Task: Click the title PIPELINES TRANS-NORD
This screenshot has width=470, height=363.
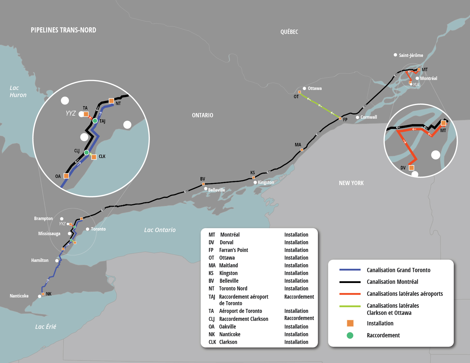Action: coord(63,30)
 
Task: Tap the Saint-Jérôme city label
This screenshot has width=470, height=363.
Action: coord(410,55)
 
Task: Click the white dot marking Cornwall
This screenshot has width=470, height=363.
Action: coord(357,117)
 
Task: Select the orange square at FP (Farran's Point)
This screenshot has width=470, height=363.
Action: coord(340,118)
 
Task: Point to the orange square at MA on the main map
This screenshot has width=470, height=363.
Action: coord(302,150)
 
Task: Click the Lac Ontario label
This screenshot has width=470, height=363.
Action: coord(160,230)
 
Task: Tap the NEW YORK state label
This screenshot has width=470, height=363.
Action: coord(351,183)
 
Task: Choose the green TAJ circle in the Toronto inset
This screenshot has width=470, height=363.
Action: coord(95,121)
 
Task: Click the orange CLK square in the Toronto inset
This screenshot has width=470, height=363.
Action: coord(94,157)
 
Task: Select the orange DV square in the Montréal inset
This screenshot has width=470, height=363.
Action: coord(411,168)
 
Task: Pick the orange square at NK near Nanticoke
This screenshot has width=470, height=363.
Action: coord(43,294)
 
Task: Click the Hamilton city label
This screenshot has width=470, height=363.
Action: coord(40,260)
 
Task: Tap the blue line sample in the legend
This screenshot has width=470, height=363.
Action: coord(350,270)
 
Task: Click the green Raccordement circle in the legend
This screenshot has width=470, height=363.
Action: coord(350,335)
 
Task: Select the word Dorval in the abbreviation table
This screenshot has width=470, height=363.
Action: coord(226,242)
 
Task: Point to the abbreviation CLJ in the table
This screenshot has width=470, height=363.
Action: coord(212,319)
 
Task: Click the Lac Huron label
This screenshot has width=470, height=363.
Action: coord(18,91)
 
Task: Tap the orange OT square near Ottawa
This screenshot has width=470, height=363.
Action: coord(299,92)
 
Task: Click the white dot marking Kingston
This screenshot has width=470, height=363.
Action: coord(255,182)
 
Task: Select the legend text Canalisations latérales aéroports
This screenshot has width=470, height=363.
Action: coord(404,294)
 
